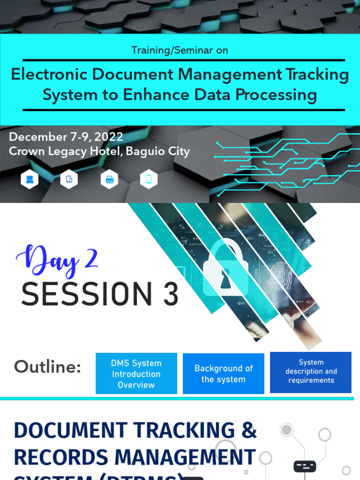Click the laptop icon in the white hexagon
point(30,179)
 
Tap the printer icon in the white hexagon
point(109,179)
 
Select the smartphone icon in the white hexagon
point(149,179)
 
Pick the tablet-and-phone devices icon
point(69,179)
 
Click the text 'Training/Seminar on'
point(180,50)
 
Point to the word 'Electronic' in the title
point(49,75)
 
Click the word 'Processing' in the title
point(276,95)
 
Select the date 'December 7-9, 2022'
point(66,137)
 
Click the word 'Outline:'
point(47,367)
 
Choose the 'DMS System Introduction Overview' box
point(136,374)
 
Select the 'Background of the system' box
point(224,374)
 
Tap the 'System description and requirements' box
point(311,372)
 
